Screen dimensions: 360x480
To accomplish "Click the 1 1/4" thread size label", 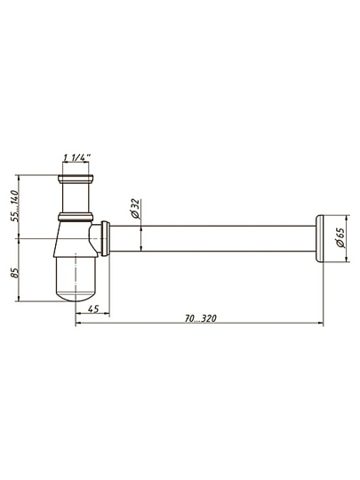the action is point(76,157).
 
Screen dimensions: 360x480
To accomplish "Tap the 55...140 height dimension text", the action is point(14,205).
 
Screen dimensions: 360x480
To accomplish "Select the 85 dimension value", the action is point(14,273).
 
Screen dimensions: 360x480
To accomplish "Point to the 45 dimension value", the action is point(93,308).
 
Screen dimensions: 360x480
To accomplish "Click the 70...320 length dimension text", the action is point(201,318).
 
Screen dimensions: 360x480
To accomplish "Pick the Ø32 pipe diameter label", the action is point(135,209).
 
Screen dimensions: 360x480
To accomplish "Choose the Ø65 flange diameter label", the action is point(340,237).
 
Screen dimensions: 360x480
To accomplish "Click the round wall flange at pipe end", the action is point(319,238).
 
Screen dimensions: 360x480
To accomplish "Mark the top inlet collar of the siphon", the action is point(76,179).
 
